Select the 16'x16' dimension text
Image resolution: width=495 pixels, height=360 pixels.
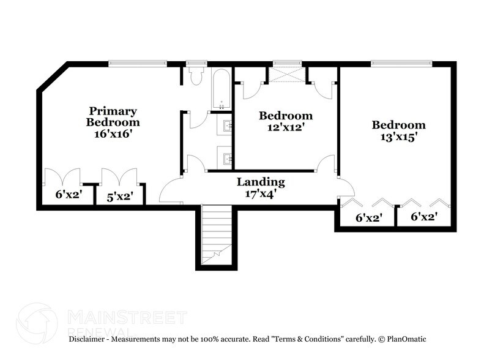click(113, 133)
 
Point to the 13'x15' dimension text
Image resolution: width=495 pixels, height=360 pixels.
click(398, 137)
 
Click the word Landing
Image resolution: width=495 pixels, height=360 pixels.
click(261, 182)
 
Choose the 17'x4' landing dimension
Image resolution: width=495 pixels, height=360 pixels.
click(261, 193)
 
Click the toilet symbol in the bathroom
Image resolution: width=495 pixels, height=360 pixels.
click(196, 76)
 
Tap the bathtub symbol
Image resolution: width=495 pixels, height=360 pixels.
click(221, 89)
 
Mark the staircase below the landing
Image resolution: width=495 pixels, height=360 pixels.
click(217, 236)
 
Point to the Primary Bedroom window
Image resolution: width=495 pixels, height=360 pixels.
click(138, 62)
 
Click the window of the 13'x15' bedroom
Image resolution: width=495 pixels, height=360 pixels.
click(401, 62)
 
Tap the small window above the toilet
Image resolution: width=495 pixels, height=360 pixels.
click(196, 62)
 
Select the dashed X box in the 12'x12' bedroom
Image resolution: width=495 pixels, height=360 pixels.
click(288, 75)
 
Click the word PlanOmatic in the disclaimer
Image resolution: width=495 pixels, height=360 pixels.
click(406, 339)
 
